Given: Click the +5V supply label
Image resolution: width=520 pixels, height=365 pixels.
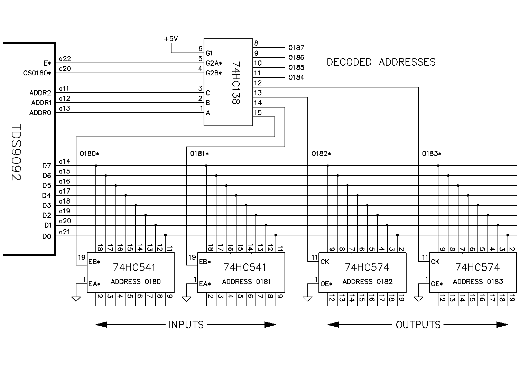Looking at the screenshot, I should tap(171, 39).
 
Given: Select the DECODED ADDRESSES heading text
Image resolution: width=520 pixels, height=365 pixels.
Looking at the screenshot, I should tap(381, 62).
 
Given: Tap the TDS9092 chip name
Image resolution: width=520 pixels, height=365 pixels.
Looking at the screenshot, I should tap(16, 152).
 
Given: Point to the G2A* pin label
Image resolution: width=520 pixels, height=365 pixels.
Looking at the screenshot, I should tap(214, 63).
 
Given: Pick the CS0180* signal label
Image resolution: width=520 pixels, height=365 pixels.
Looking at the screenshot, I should tap(37, 73).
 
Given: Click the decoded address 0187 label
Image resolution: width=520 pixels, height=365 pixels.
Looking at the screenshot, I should tap(296, 48).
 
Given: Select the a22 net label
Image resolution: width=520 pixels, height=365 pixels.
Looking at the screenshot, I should tap(65, 59).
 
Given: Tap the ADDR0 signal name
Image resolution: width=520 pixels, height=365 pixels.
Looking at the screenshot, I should tap(40, 113).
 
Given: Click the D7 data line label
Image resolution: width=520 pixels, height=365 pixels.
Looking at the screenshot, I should tap(47, 166).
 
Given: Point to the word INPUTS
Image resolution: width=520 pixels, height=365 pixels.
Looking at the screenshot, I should tap(186, 325).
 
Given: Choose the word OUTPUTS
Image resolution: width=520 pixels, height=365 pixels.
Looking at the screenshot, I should tap(418, 325).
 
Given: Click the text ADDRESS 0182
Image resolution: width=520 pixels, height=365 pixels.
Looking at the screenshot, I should tap(367, 282).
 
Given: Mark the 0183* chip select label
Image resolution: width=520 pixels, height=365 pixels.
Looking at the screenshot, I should tap(431, 154).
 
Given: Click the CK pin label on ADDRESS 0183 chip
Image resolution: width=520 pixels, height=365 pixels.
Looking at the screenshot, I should tap(435, 262).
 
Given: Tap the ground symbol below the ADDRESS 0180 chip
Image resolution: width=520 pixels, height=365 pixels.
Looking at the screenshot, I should tap(76, 298).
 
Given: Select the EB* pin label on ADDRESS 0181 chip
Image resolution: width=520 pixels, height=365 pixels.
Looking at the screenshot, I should tap(205, 262).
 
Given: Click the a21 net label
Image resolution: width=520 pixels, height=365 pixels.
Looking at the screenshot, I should tap(65, 232).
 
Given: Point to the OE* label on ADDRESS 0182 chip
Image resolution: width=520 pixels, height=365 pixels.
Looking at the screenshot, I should tap(326, 284).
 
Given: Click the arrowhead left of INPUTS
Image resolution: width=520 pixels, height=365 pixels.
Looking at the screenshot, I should tap(101, 325).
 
